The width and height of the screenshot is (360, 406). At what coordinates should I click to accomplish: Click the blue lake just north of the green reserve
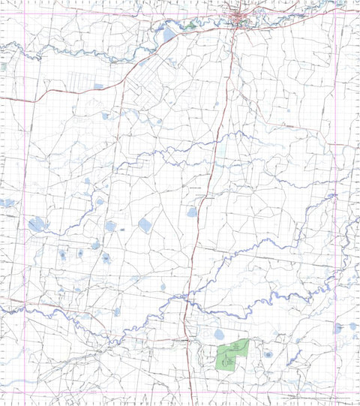pos(219,334)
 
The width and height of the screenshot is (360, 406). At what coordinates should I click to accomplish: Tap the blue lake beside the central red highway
pos(192,212)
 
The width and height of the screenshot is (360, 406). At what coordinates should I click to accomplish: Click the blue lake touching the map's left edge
pos(7,203)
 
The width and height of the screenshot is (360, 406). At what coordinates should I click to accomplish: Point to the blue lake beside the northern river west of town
pos(167,35)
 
